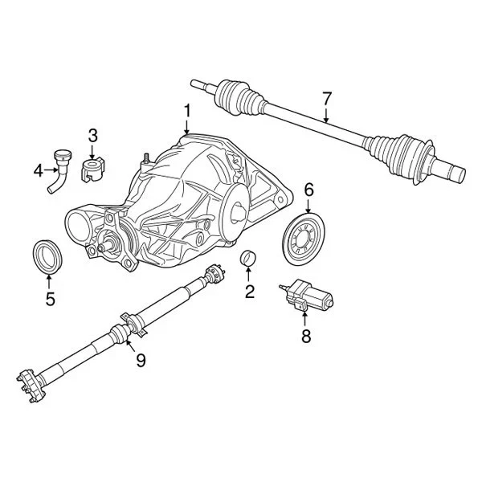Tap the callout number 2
click(x=249, y=292)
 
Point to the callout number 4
click(x=38, y=170)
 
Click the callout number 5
click(x=49, y=300)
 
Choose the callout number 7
click(x=327, y=99)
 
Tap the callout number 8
click(x=305, y=337)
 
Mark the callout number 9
click(x=141, y=360)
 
